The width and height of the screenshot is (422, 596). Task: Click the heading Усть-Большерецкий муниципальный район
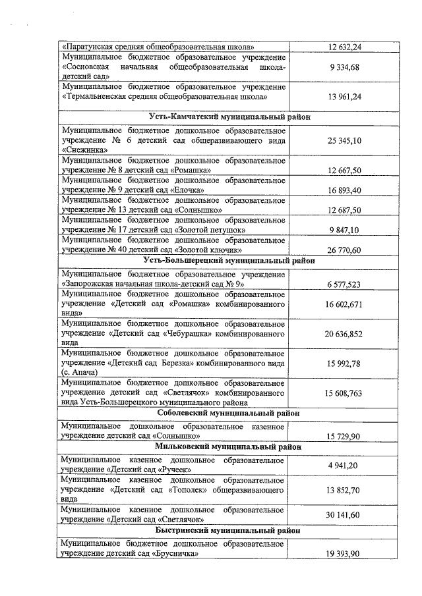[x=229, y=260]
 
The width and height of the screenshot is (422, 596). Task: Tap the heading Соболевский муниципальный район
[x=229, y=413]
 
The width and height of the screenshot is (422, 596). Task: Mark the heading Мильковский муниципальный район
[x=229, y=447]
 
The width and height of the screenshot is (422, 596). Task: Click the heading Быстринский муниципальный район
[x=229, y=529]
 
